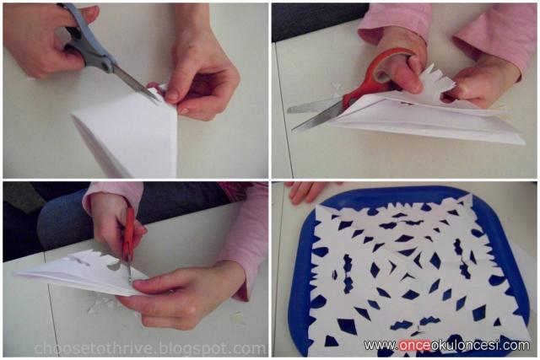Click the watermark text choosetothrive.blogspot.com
click(x=150, y=348)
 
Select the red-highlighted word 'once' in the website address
click(x=415, y=345)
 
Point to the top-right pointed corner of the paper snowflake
click(x=470, y=196)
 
